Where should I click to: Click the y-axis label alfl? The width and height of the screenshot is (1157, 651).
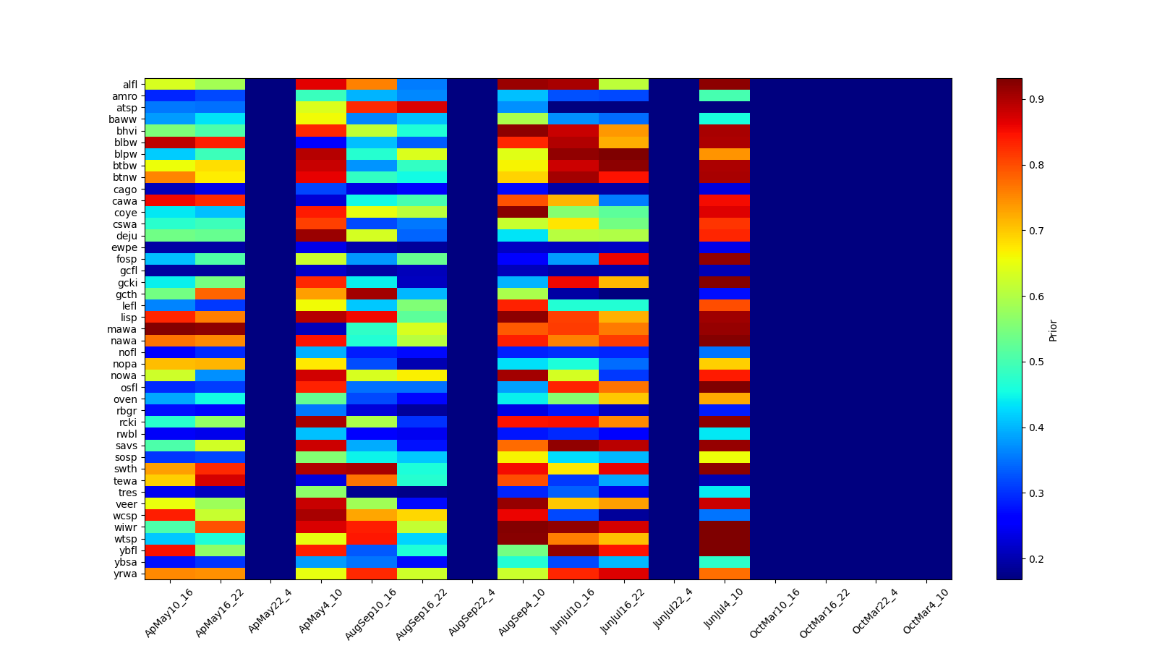129,85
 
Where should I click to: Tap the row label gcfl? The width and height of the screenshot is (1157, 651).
129,271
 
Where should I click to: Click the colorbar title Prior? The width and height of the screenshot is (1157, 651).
1053,330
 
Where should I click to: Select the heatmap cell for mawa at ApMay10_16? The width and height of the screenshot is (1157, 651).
170,329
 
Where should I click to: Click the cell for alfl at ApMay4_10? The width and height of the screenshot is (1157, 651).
321,85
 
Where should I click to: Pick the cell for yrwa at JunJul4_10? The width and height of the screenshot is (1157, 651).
725,574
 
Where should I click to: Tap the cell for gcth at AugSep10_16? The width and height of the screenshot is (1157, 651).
372,294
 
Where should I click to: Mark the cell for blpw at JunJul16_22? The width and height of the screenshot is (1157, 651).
623,154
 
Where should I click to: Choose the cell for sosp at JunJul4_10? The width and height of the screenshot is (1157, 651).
725,457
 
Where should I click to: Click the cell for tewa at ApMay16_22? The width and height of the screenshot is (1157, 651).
221,480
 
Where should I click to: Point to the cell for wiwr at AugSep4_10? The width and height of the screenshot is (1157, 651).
523,527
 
